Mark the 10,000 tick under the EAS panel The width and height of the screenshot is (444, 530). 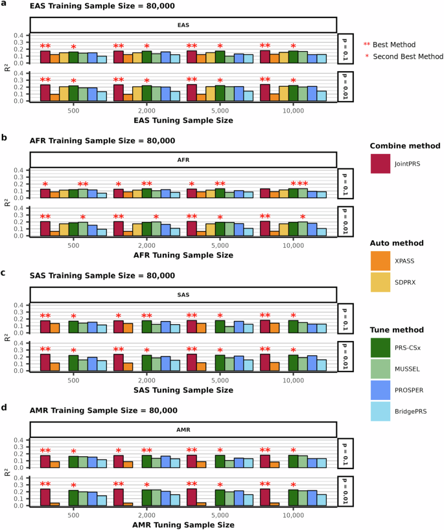(x=294, y=110)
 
